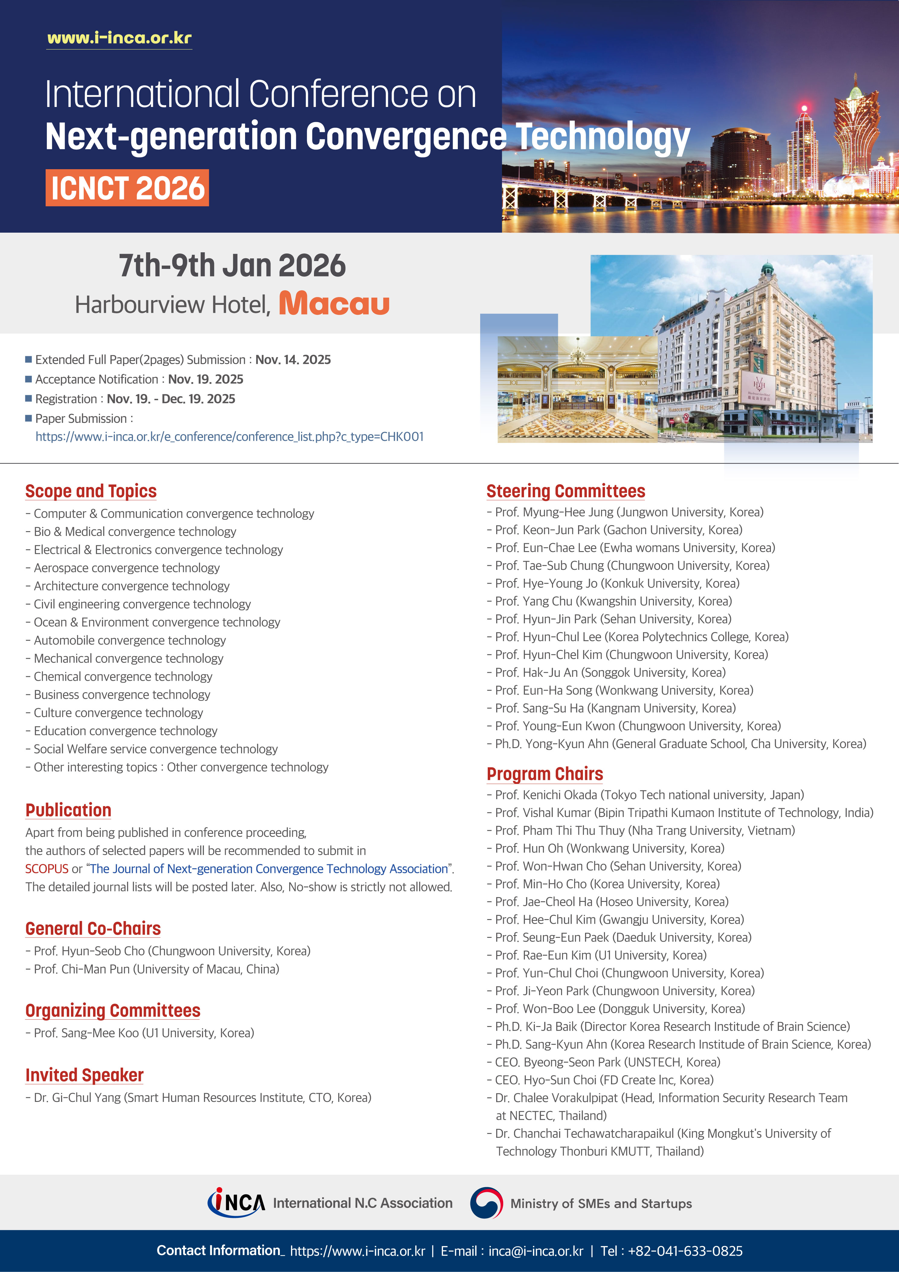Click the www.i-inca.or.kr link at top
tap(119, 38)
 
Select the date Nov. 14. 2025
tap(293, 360)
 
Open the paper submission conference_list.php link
tap(229, 437)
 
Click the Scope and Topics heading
tap(91, 491)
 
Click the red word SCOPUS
tap(47, 869)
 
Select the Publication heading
tap(68, 810)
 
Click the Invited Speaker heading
tap(84, 1075)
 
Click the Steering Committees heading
tap(565, 491)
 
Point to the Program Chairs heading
tap(544, 774)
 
